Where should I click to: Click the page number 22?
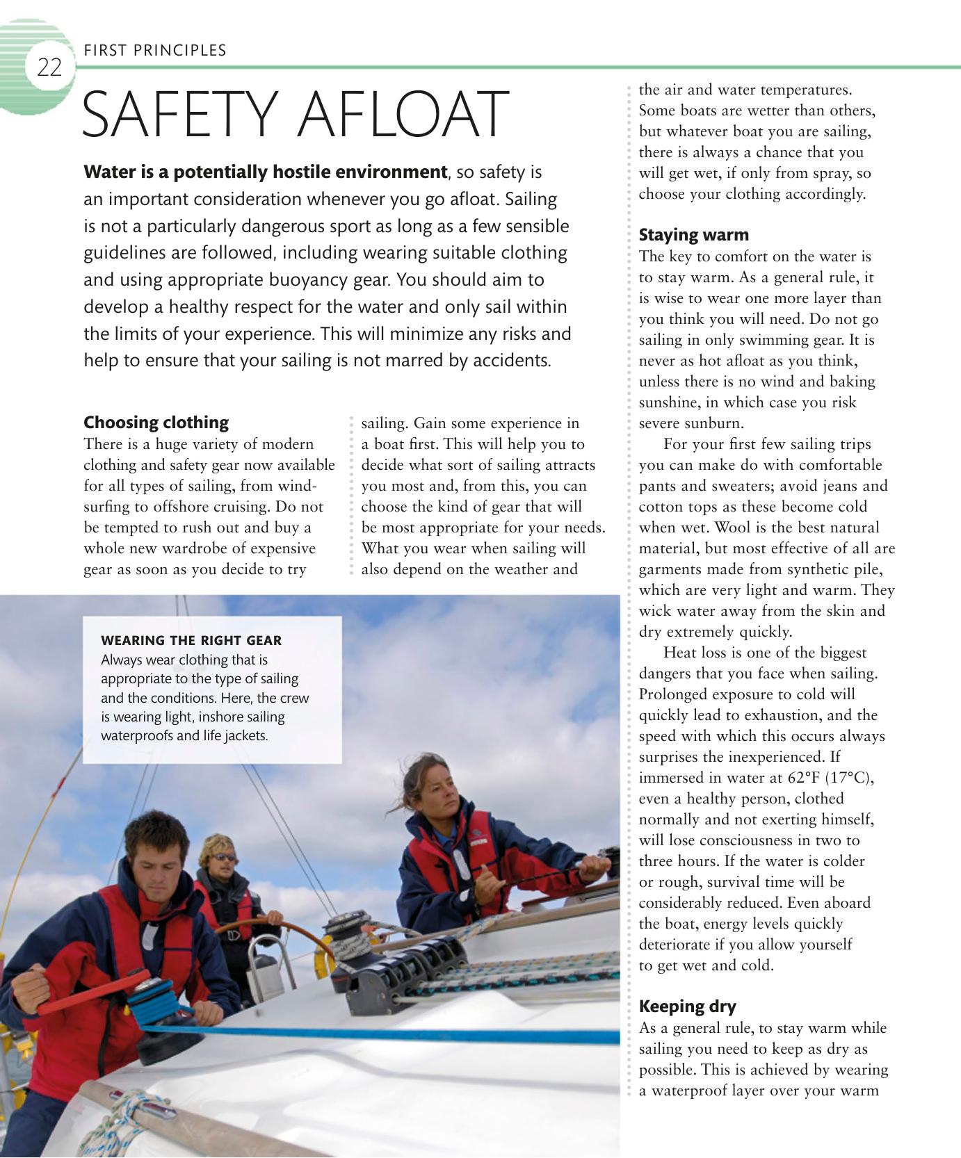click(x=49, y=68)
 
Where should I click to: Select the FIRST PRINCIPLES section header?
click(x=154, y=50)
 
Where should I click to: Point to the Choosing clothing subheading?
click(x=156, y=423)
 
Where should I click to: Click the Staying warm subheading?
click(x=693, y=235)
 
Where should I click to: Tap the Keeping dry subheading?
click(x=687, y=1006)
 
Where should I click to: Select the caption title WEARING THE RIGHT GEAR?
click(x=191, y=640)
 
